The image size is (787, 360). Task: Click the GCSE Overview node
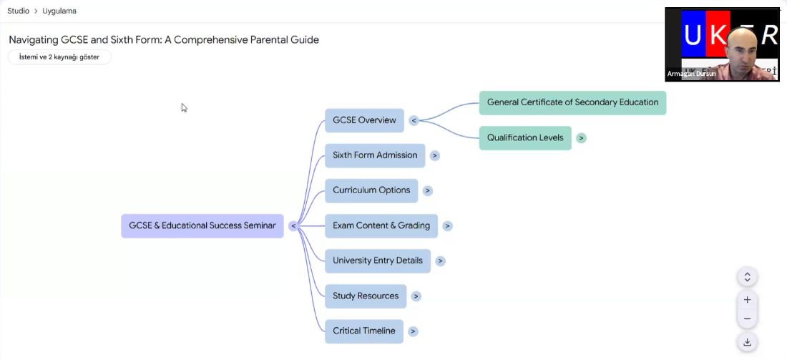click(x=364, y=120)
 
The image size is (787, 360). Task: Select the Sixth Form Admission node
click(x=375, y=155)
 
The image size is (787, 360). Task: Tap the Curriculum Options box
click(x=371, y=191)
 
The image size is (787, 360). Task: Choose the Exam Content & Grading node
click(x=381, y=226)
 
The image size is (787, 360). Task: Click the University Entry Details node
click(x=378, y=261)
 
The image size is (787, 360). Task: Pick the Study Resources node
click(x=366, y=296)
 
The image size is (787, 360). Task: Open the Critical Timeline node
click(x=364, y=331)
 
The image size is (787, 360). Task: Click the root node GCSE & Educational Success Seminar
click(x=202, y=226)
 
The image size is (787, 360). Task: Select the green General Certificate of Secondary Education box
click(x=572, y=103)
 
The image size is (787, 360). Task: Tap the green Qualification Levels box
click(x=526, y=138)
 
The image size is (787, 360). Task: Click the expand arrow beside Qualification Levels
click(x=581, y=138)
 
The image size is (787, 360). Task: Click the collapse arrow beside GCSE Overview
click(x=414, y=120)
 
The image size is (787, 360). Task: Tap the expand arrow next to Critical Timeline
click(x=413, y=331)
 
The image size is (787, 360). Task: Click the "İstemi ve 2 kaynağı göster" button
click(x=59, y=57)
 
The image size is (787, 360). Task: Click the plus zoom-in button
click(x=748, y=300)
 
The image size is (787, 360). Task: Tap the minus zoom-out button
click(x=748, y=318)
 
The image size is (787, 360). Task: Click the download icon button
click(x=748, y=342)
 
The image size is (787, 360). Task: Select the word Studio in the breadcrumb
click(x=18, y=11)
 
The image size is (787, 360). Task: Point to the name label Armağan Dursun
click(x=692, y=74)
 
